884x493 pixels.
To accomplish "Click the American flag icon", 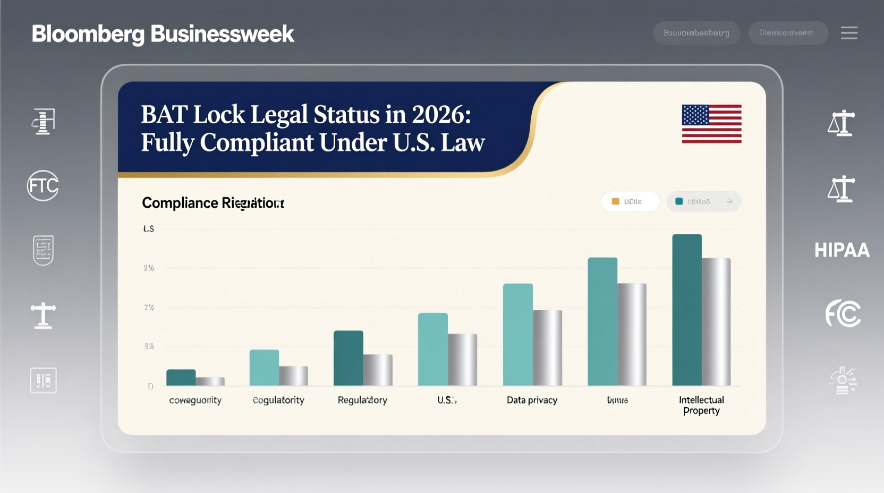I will (711, 124).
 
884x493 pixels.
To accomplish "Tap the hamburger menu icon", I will (849, 33).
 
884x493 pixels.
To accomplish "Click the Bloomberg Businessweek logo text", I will (163, 34).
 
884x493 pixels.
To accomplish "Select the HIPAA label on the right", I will (842, 250).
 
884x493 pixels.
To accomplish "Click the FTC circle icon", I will (43, 185).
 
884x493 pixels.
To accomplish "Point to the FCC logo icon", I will (843, 313).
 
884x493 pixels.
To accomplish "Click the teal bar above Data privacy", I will (517, 335).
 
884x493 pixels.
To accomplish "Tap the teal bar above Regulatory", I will (348, 358).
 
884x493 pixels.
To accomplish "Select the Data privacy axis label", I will (532, 400).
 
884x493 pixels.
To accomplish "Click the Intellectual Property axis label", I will (701, 405).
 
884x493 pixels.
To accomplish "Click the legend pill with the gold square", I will (630, 201).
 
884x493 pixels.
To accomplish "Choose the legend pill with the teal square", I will (703, 201).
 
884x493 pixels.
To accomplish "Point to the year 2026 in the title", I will (437, 114).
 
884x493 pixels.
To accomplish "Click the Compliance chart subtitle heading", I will (213, 203).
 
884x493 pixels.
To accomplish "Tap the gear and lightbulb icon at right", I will (843, 380).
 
